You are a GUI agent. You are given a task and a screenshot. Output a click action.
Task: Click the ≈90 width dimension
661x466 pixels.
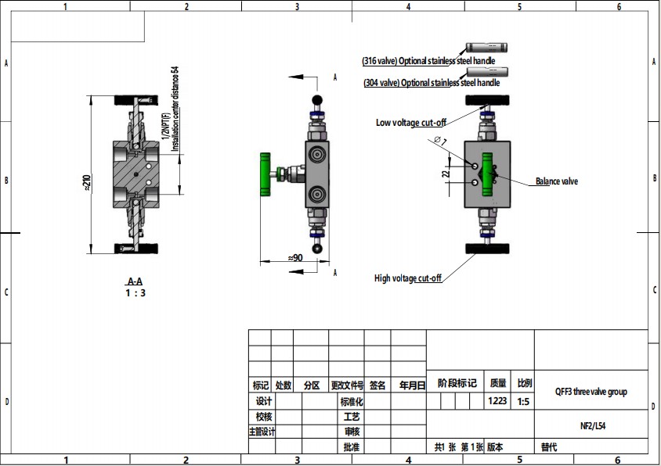tap(295, 257)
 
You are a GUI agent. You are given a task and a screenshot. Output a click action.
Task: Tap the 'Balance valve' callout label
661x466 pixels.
tap(556, 181)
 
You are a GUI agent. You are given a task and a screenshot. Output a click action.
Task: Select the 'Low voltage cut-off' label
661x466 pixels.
tap(411, 123)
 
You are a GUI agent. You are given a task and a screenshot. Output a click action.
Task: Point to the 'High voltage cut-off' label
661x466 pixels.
tap(408, 278)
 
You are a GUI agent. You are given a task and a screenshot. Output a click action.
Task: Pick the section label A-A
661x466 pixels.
tap(135, 281)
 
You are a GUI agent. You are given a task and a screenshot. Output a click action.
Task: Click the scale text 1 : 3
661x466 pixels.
tap(135, 292)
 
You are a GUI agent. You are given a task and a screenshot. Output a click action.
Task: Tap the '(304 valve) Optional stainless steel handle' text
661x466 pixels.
tap(432, 82)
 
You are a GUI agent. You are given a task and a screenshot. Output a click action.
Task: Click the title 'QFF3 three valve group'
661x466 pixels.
tap(591, 392)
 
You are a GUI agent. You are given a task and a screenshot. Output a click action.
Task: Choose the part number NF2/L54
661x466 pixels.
tap(591, 426)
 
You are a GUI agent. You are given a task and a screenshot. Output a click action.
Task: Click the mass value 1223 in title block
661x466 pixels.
tap(497, 400)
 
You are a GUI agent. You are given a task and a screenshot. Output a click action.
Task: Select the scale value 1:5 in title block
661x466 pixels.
tap(523, 400)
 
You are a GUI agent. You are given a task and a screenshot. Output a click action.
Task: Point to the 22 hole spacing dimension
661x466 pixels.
tap(446, 173)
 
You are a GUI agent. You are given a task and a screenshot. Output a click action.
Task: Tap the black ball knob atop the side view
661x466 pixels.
tap(317, 99)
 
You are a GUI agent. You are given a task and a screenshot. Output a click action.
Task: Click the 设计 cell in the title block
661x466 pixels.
tap(260, 400)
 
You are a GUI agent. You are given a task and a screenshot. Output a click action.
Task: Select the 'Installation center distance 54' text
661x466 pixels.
tap(175, 109)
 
